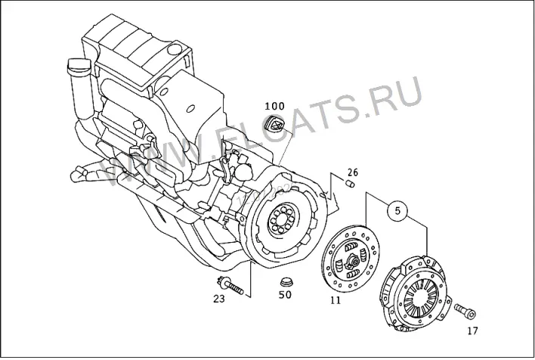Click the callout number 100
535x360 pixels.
click(274, 106)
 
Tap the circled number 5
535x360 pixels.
click(397, 211)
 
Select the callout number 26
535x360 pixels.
click(353, 172)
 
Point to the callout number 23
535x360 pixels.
click(219, 299)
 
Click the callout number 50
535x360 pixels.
click(285, 294)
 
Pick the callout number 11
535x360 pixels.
click(336, 300)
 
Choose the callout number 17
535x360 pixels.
click(472, 331)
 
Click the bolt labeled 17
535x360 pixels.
click(465, 312)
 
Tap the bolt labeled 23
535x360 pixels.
click(230, 286)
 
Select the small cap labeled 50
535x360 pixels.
click(286, 282)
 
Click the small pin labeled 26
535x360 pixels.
click(350, 184)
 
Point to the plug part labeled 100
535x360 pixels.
click(274, 123)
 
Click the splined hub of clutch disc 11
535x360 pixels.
click(353, 262)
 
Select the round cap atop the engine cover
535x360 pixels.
click(175, 49)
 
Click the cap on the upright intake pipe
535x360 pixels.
click(79, 65)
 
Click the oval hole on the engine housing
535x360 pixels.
click(190, 108)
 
